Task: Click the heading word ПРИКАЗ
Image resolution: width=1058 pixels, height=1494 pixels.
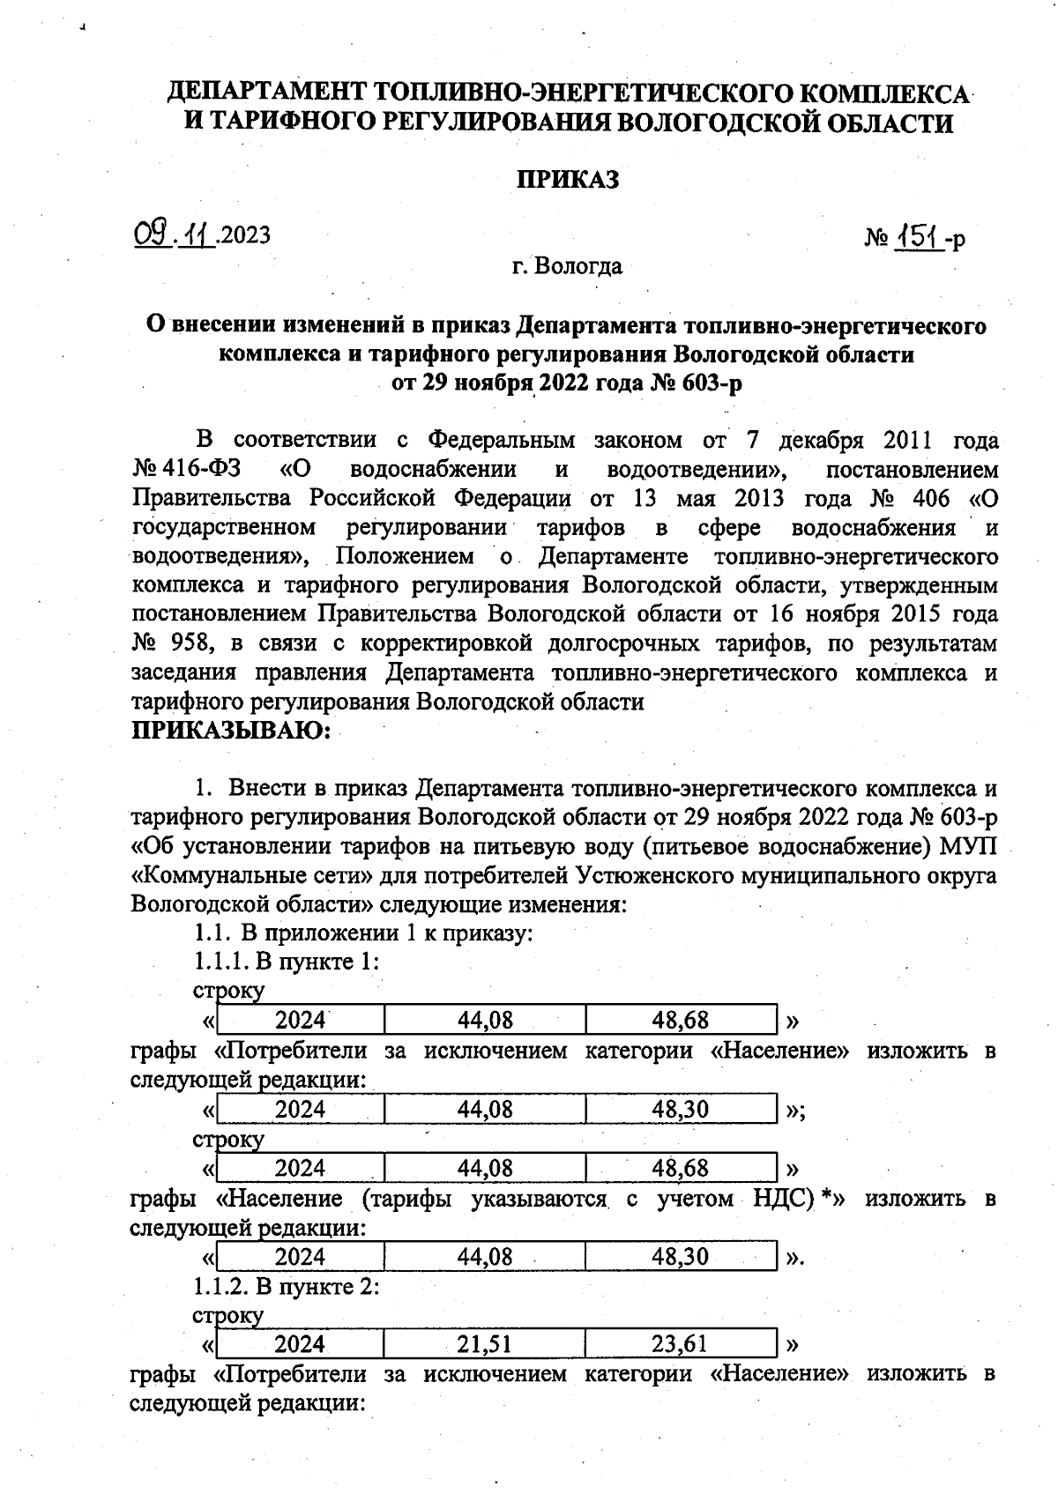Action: (567, 180)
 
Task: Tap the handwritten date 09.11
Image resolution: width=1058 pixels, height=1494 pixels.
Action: (174, 234)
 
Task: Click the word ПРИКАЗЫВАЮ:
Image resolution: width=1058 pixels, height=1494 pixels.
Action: (231, 731)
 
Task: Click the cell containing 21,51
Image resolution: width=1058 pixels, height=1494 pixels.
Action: (485, 1344)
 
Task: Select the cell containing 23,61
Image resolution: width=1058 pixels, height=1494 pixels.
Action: (680, 1344)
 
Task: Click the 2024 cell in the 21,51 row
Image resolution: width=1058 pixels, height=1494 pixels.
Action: (300, 1344)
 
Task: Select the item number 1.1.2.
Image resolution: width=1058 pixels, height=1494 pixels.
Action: (220, 1286)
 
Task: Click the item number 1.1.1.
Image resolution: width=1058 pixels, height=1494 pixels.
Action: (220, 962)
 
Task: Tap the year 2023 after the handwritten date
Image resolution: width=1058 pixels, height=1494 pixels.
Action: (246, 235)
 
